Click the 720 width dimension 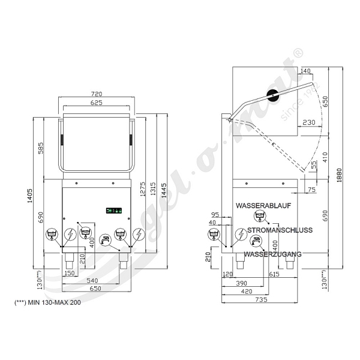[x=97, y=94]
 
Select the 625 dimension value [x=96, y=103]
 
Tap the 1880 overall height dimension [x=340, y=175]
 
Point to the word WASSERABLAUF [x=263, y=205]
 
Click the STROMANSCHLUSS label [x=280, y=230]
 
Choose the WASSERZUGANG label [x=272, y=254]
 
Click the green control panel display [x=113, y=211]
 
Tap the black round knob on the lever [x=273, y=95]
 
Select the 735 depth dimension [x=262, y=299]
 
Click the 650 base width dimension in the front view [x=95, y=289]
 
